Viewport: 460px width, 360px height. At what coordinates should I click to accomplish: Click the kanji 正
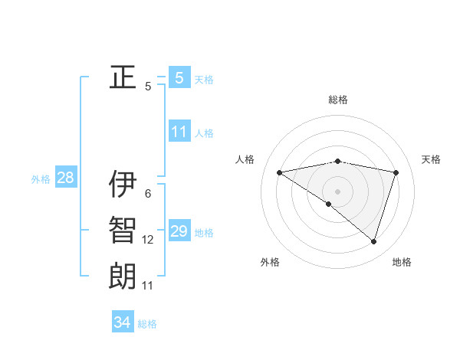pos(123,77)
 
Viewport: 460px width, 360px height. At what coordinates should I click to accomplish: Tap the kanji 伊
pos(123,184)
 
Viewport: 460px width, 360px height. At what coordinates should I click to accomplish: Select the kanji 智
pos(123,231)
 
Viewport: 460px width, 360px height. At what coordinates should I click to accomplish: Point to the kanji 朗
pos(123,277)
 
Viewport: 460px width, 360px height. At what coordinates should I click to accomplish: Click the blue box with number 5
pos(179,77)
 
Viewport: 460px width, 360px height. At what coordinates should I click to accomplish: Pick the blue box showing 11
pos(179,132)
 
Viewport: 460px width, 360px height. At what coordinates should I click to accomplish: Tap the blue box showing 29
pos(179,231)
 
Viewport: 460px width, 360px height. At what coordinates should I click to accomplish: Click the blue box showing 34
pos(122,322)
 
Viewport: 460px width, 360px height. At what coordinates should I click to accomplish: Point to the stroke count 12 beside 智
pos(148,240)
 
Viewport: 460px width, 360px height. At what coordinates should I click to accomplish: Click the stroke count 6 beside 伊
pos(148,194)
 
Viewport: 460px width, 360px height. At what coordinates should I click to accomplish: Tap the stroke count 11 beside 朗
pos(148,286)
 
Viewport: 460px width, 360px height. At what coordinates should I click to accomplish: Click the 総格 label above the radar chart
pos(338,100)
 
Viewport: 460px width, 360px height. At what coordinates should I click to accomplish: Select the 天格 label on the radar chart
pos(432,159)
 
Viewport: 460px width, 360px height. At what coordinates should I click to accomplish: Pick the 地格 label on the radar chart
pos(402,262)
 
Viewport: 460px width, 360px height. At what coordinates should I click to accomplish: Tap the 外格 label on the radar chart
pos(270,262)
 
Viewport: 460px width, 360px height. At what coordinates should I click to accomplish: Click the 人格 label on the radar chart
pos(245,159)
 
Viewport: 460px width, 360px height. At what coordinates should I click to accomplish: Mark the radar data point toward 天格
pos(396,172)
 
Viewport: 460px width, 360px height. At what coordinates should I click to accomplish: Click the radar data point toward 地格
pos(373,241)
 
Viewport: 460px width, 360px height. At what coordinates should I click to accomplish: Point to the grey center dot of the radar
pos(337,191)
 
